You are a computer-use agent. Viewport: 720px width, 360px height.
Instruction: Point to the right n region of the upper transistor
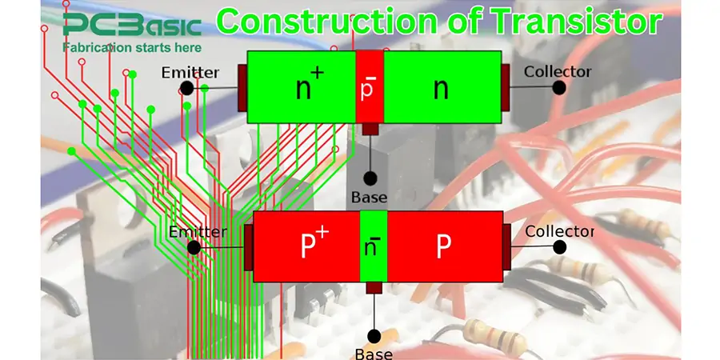click(x=441, y=88)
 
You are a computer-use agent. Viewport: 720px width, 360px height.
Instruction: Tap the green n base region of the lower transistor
click(x=373, y=246)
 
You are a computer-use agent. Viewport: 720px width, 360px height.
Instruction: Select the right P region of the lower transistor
click(x=444, y=247)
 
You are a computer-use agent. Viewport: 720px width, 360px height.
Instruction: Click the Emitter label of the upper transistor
click(x=190, y=72)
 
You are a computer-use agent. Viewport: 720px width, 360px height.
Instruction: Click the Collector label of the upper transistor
click(x=558, y=72)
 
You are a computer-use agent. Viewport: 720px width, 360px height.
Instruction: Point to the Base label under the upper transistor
click(x=369, y=197)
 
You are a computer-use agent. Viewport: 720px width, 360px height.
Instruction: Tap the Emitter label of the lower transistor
click(x=198, y=232)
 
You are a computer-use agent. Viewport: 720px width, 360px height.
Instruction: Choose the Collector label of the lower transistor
click(x=559, y=232)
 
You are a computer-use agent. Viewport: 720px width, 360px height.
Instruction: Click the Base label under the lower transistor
click(x=373, y=353)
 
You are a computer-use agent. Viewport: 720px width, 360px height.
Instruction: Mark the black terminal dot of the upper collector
click(x=559, y=87)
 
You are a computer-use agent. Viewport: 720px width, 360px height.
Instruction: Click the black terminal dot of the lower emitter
click(x=194, y=247)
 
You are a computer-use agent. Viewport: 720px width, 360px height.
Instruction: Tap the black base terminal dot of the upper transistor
click(x=369, y=178)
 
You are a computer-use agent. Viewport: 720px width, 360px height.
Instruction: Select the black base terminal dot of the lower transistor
click(x=373, y=334)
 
